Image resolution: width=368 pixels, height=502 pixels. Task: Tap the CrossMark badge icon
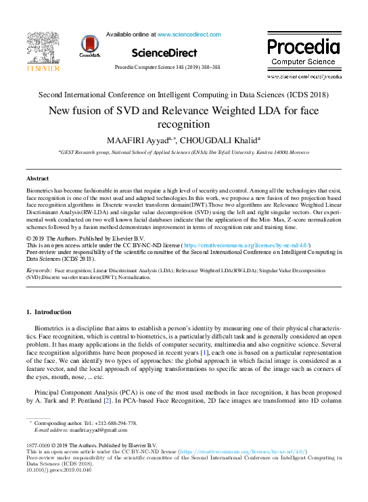[x=89, y=46]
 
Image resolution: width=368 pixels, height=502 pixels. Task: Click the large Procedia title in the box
[x=302, y=47]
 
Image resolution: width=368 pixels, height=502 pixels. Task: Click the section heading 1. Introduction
[x=48, y=312]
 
